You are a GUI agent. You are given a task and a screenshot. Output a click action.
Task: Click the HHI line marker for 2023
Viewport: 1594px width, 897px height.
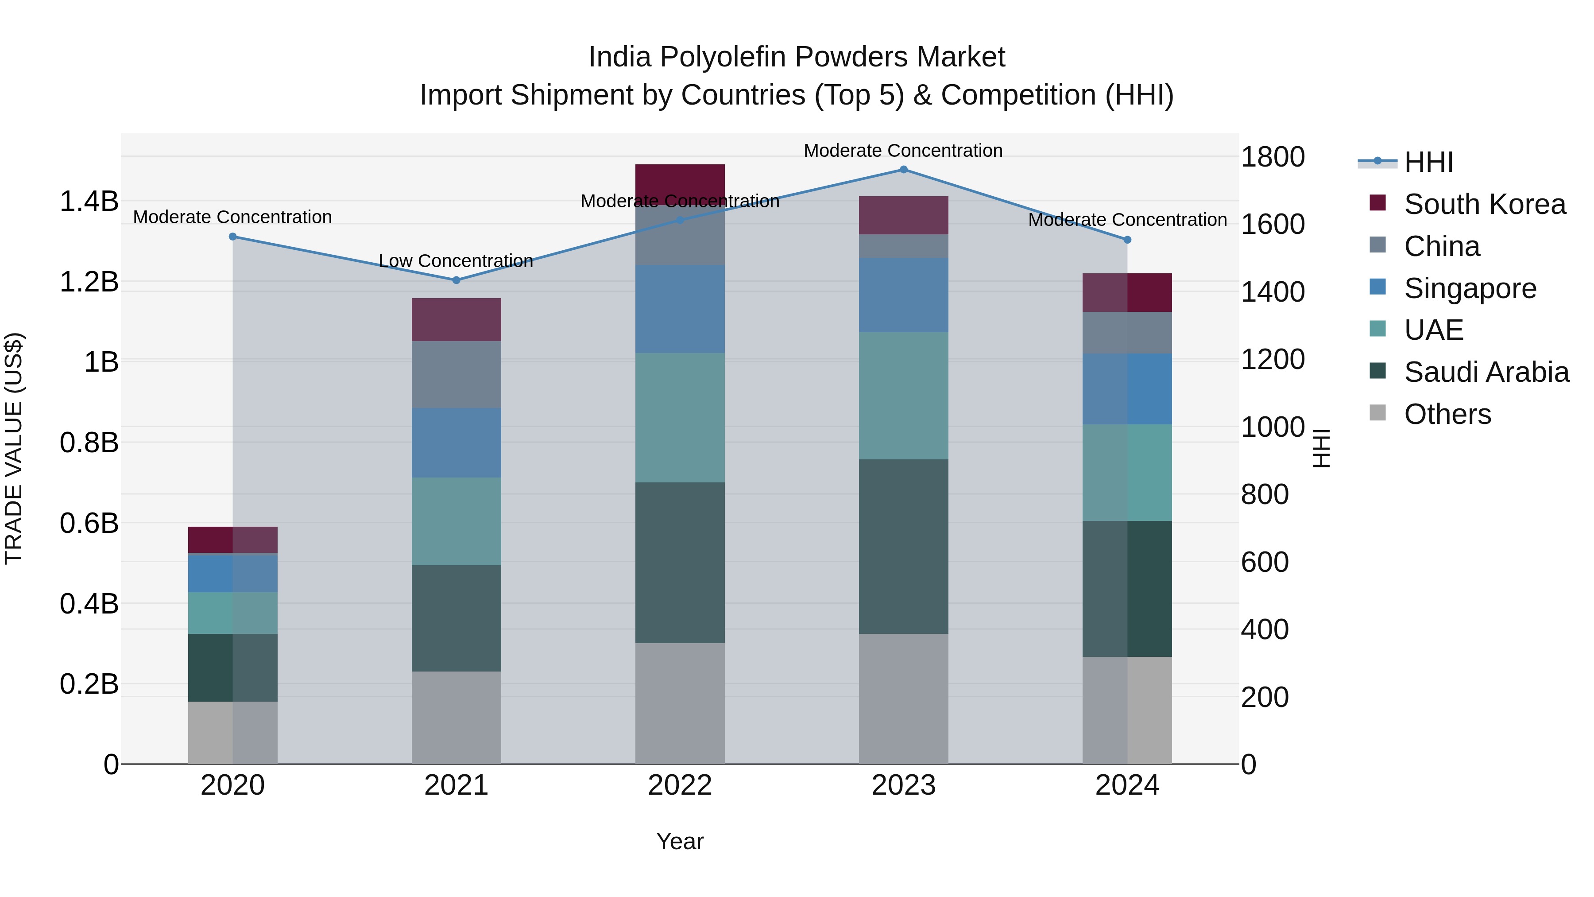(x=903, y=170)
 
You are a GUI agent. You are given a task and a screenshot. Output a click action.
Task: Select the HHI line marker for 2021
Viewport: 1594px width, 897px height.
(x=456, y=280)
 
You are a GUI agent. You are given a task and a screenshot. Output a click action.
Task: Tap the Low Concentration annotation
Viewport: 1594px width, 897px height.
(x=456, y=261)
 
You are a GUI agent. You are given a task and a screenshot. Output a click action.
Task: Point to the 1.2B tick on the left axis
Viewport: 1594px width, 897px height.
(x=89, y=282)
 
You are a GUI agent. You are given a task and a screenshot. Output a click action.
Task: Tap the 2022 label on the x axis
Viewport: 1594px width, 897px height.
(x=679, y=785)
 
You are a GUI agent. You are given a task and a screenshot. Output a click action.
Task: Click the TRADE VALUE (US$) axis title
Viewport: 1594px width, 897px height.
(x=14, y=448)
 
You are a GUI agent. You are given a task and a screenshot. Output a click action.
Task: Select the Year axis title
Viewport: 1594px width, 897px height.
(x=679, y=841)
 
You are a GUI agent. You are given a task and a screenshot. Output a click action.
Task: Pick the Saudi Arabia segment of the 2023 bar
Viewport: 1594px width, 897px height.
(x=903, y=546)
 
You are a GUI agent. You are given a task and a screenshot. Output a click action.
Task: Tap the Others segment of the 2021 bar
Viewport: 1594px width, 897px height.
(x=456, y=718)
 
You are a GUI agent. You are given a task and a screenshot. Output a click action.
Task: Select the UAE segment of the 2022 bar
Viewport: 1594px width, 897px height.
(x=679, y=418)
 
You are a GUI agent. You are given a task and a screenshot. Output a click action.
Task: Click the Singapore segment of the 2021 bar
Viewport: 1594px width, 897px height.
(x=456, y=443)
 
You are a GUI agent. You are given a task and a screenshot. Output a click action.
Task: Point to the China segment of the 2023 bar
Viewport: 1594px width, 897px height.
(x=903, y=246)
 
